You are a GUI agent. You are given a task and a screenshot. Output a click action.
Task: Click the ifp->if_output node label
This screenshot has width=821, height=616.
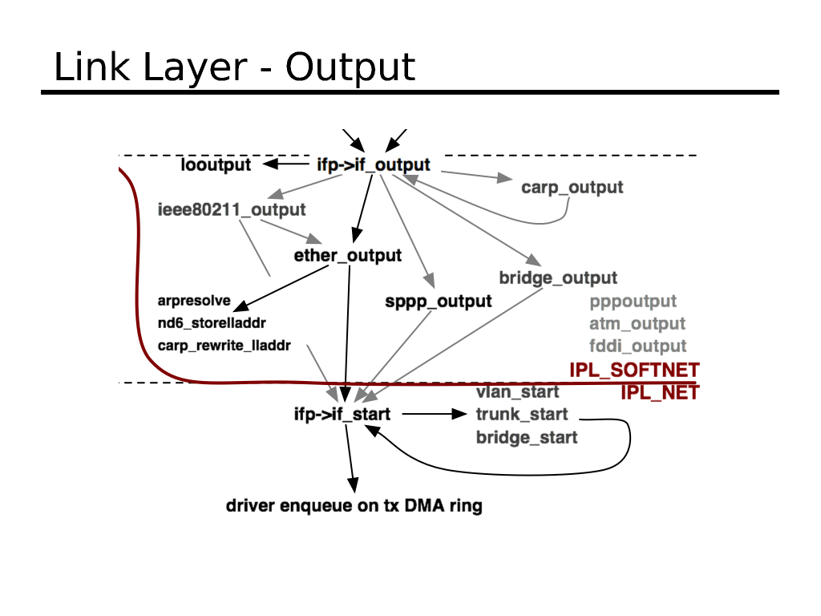pyautogui.click(x=374, y=165)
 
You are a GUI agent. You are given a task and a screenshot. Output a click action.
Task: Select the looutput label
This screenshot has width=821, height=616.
pyautogui.click(x=216, y=165)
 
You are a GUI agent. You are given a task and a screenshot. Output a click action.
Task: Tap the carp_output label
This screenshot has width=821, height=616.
pyautogui.click(x=572, y=188)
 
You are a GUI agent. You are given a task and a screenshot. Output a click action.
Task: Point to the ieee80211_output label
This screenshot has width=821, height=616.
pyautogui.click(x=232, y=210)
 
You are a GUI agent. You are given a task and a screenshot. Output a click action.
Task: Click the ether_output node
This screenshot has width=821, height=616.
pyautogui.click(x=348, y=256)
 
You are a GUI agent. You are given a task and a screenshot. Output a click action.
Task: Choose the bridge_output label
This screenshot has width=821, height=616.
pyautogui.click(x=558, y=278)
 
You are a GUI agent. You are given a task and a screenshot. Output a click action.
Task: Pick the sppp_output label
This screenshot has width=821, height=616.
pyautogui.click(x=439, y=302)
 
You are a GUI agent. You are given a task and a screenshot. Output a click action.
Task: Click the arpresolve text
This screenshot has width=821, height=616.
pyautogui.click(x=194, y=302)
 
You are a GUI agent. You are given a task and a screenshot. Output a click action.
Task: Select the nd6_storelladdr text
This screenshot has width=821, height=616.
pyautogui.click(x=212, y=323)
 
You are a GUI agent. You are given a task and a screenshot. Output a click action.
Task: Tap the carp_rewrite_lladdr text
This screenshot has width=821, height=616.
pyautogui.click(x=224, y=346)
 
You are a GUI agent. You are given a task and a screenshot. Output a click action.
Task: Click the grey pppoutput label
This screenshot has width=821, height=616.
pyautogui.click(x=633, y=302)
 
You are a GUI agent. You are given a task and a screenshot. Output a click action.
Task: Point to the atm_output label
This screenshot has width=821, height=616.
pyautogui.click(x=637, y=324)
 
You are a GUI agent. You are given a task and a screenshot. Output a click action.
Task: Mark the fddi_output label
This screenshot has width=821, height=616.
pyautogui.click(x=638, y=346)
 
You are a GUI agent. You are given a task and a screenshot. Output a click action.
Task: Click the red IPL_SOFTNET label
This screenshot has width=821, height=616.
pyautogui.click(x=634, y=370)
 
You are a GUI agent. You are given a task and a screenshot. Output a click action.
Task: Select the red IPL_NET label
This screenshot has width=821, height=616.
pyautogui.click(x=660, y=392)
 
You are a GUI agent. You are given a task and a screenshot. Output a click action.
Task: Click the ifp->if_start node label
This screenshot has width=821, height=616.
pyautogui.click(x=342, y=415)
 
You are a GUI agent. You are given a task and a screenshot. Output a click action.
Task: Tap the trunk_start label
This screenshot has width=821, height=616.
pyautogui.click(x=522, y=415)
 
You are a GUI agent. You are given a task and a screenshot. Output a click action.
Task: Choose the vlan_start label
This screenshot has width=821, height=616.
pyautogui.click(x=517, y=392)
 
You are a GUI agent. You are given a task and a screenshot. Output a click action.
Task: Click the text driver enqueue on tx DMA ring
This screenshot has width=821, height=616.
pyautogui.click(x=354, y=506)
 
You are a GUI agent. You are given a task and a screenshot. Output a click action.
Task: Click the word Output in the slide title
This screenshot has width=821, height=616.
pyautogui.click(x=350, y=67)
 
